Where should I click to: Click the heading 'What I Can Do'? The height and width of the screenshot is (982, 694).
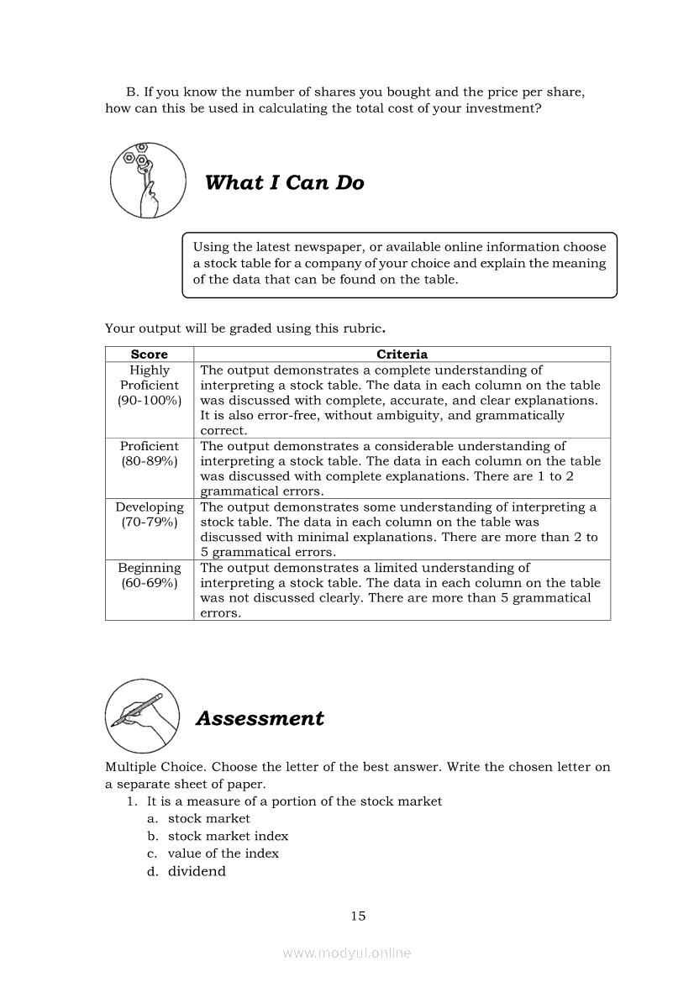click(284, 183)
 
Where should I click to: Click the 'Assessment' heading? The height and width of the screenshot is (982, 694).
click(259, 718)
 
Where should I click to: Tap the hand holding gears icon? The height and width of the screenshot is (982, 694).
click(148, 180)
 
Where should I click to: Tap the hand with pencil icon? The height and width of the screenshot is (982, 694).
click(143, 715)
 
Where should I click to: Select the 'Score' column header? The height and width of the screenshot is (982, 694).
click(150, 354)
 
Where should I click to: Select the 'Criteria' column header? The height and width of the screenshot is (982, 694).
click(402, 354)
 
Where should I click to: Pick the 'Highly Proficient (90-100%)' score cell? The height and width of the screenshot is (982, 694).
click(150, 386)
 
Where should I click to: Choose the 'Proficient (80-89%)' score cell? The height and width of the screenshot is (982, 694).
click(150, 454)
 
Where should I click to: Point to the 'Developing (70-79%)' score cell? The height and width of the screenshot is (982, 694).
click(150, 514)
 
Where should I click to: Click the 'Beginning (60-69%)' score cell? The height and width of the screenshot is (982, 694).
click(150, 575)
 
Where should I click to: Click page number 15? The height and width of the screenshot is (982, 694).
click(358, 916)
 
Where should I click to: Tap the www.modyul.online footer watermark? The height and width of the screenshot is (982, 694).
click(347, 953)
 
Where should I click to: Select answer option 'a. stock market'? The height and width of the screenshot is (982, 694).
click(208, 818)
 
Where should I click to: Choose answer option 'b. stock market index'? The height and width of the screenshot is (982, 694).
click(228, 836)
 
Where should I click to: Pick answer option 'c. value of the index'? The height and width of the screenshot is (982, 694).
click(223, 853)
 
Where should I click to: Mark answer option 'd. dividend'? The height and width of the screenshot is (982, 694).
click(197, 871)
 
